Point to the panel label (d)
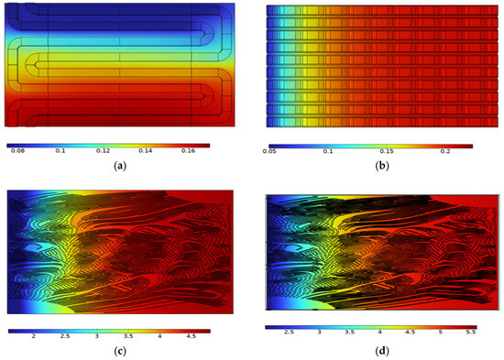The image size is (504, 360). click(x=370, y=352)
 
